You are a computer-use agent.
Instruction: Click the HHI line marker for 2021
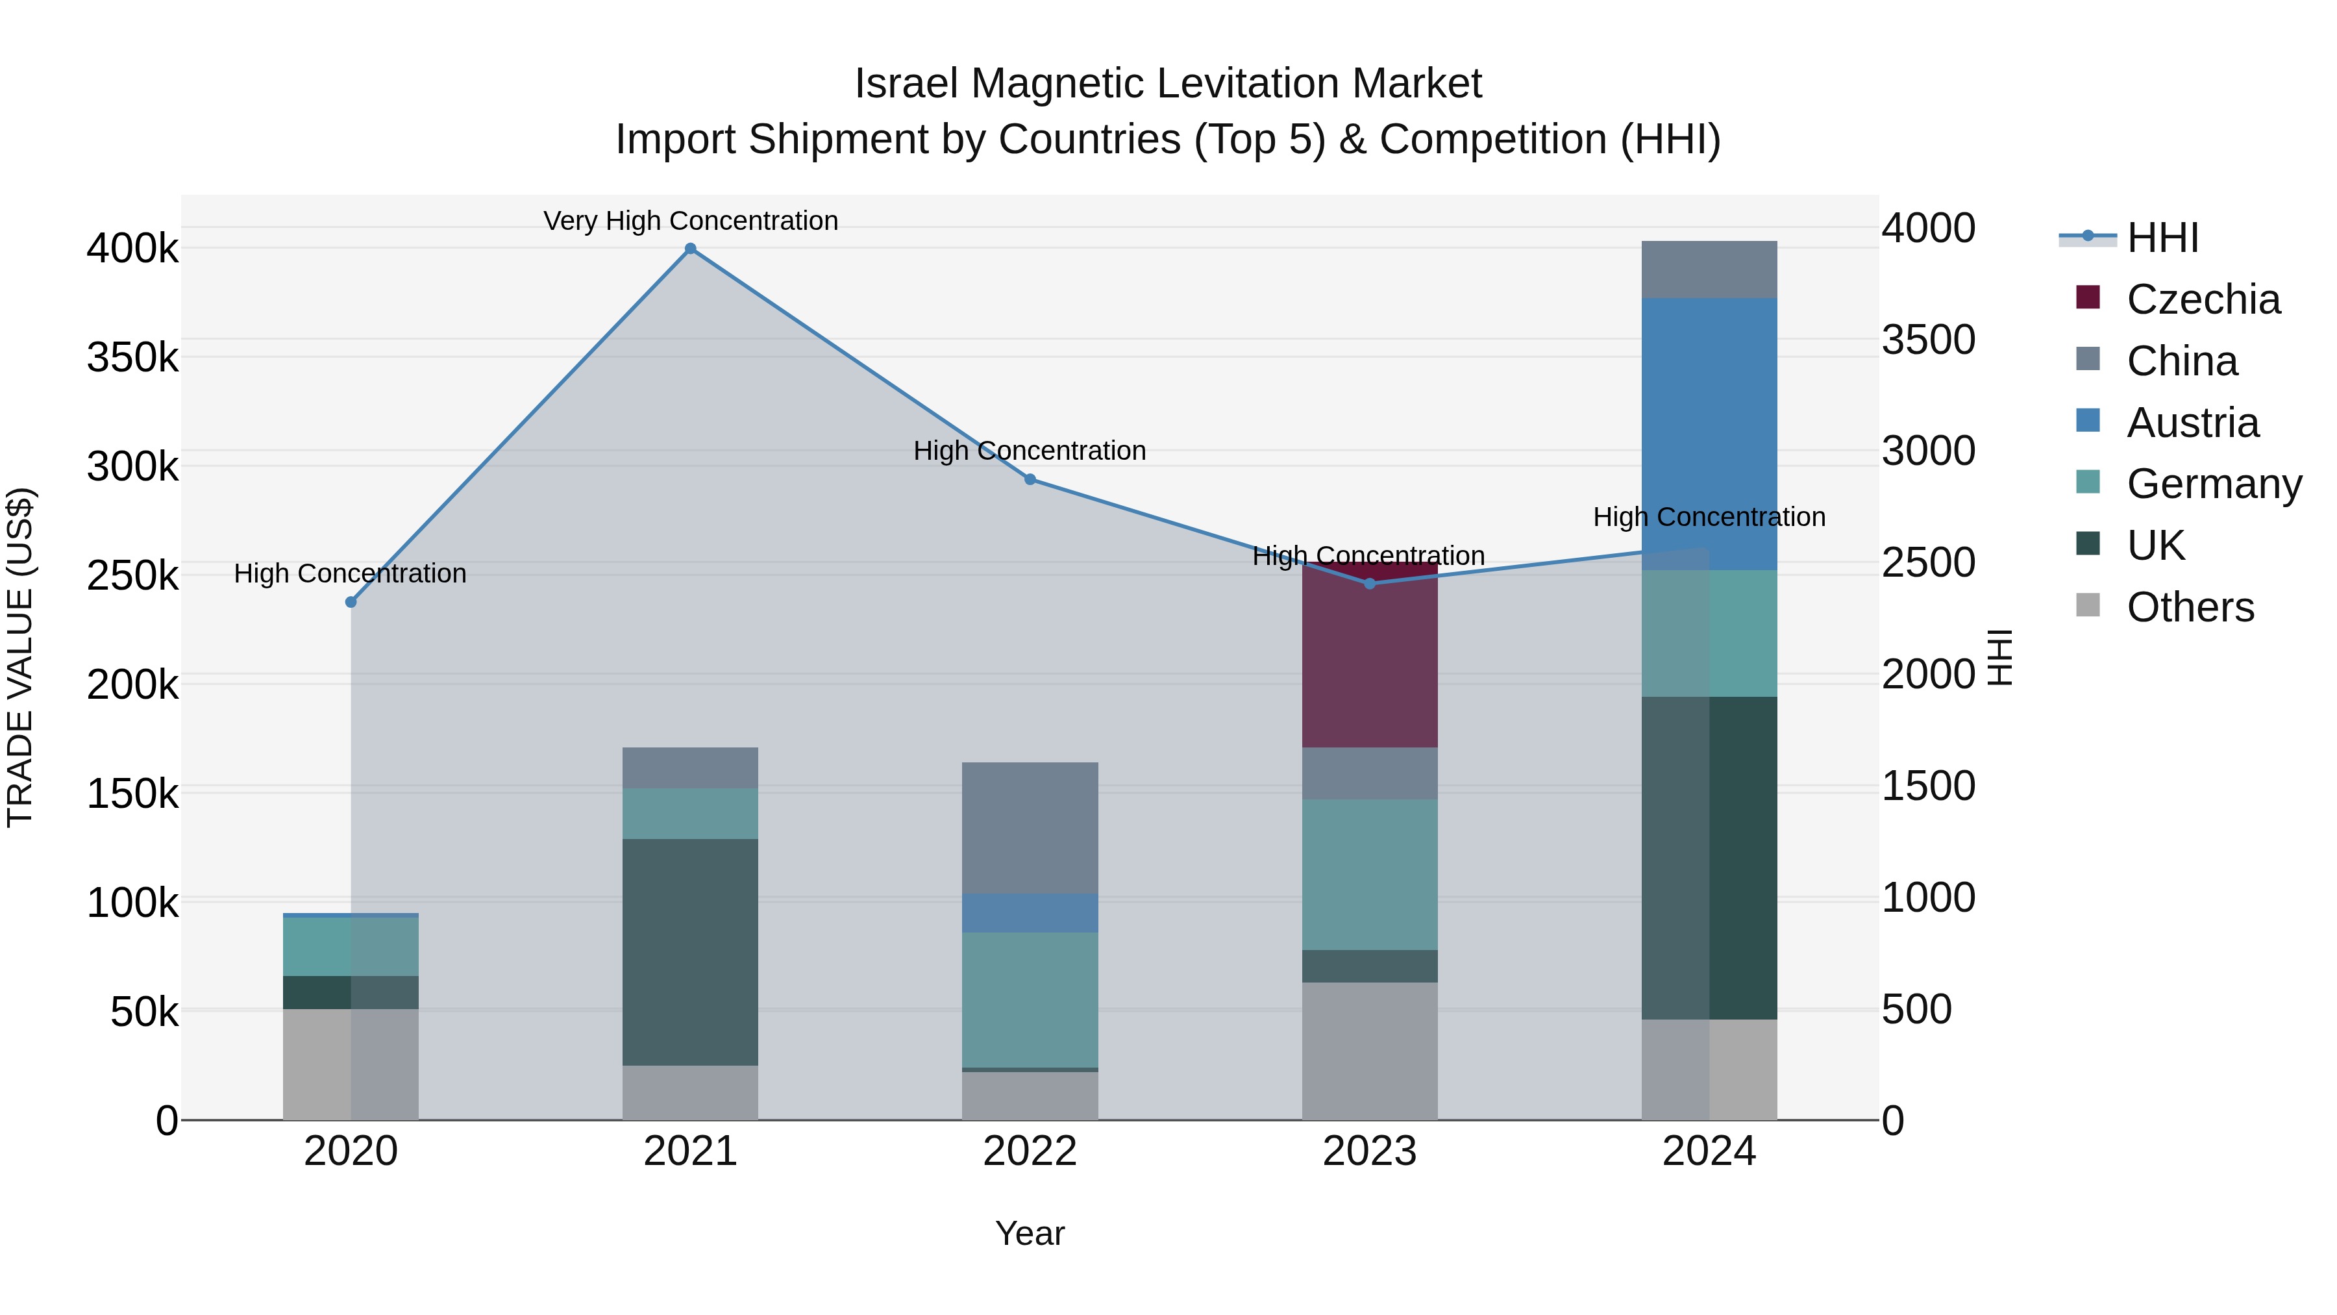pos(691,249)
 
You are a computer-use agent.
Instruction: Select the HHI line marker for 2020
pos(351,602)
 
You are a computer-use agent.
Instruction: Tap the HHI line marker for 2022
pos(1030,479)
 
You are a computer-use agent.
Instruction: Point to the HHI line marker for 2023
pos(1370,584)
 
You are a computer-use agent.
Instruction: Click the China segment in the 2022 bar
pos(1030,828)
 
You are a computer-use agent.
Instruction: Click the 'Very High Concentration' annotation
pos(691,221)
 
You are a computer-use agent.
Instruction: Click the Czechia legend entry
pos(2203,299)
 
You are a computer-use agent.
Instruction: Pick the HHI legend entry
pos(2162,238)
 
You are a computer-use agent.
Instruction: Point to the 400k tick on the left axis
pos(132,248)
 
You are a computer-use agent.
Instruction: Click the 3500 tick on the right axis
pos(1928,340)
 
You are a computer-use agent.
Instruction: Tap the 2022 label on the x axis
pos(1030,1151)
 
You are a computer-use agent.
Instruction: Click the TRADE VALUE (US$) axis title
pos(20,657)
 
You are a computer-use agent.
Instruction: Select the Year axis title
pos(1030,1233)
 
